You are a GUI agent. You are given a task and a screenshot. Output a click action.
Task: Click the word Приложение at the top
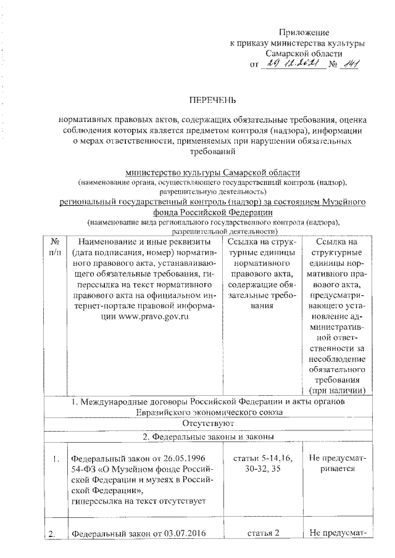pos(304,32)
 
